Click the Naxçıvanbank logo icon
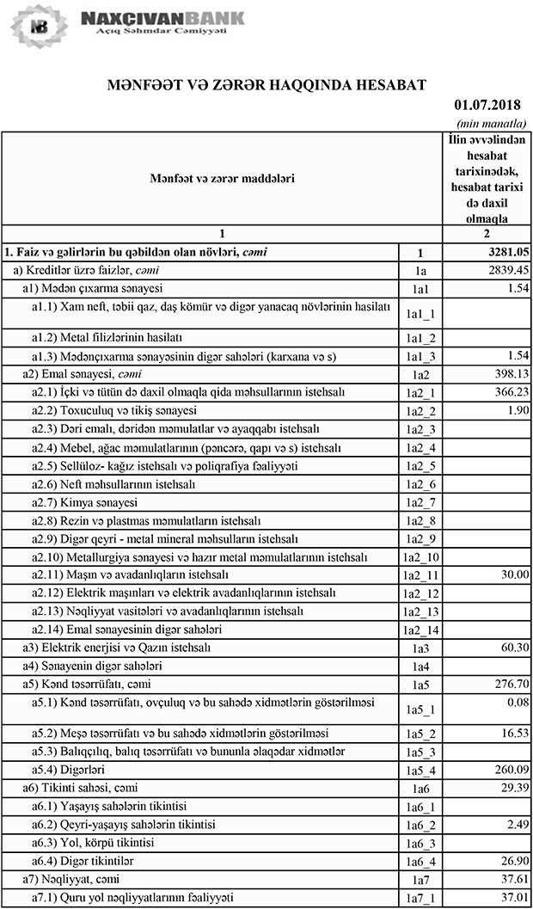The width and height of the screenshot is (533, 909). (x=37, y=26)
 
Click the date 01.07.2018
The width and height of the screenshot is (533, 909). (x=489, y=105)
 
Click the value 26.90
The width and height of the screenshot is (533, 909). (x=509, y=861)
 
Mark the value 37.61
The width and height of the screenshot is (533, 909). (x=509, y=880)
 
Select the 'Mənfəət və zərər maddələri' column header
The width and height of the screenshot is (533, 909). (x=221, y=178)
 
